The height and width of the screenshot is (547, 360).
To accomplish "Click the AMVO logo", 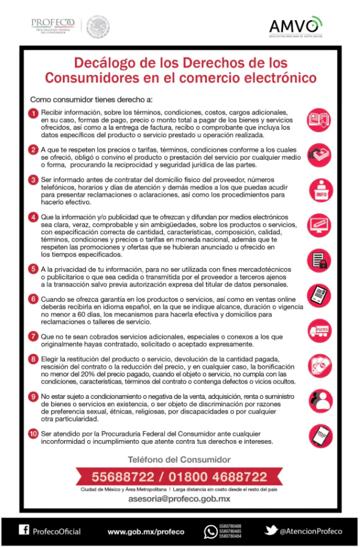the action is (x=295, y=26).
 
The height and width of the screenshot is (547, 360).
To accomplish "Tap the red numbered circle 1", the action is (x=34, y=113).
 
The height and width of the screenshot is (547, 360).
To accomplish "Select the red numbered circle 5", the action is (x=34, y=269).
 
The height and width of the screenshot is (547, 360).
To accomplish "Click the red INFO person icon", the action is (x=321, y=190).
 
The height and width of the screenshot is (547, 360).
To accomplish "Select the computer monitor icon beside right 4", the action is (x=321, y=225).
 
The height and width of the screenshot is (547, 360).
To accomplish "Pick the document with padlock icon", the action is (x=321, y=260).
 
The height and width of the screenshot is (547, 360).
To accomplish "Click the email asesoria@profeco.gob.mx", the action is (x=179, y=499).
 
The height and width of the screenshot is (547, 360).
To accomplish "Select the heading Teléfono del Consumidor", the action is (x=179, y=459).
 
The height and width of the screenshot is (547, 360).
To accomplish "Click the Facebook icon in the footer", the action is (x=24, y=531).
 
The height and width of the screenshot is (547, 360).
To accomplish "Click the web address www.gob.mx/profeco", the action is (x=146, y=532).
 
